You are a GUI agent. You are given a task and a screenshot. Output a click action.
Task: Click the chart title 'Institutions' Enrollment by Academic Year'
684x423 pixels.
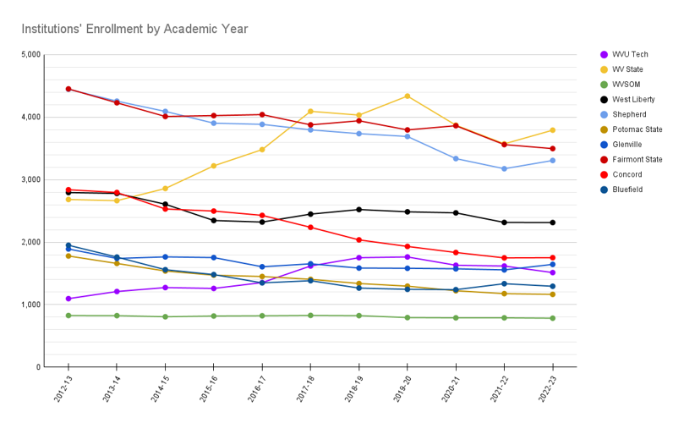tap(134, 30)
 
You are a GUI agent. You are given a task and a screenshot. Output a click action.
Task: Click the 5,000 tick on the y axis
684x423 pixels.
tap(30, 55)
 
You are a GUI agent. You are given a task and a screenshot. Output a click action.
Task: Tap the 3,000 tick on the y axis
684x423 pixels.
tap(30, 179)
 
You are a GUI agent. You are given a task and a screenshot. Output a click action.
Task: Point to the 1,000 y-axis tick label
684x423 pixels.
tap(30, 305)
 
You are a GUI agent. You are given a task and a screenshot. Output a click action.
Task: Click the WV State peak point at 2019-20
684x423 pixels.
tap(408, 96)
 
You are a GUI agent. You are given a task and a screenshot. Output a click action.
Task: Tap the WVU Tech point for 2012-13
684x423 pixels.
tap(68, 299)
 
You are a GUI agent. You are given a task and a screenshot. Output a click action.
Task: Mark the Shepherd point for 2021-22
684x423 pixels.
tap(504, 168)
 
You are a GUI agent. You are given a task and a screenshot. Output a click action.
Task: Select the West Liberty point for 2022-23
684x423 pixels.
tap(552, 222)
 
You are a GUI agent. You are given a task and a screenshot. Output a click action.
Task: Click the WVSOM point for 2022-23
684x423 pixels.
tap(552, 318)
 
